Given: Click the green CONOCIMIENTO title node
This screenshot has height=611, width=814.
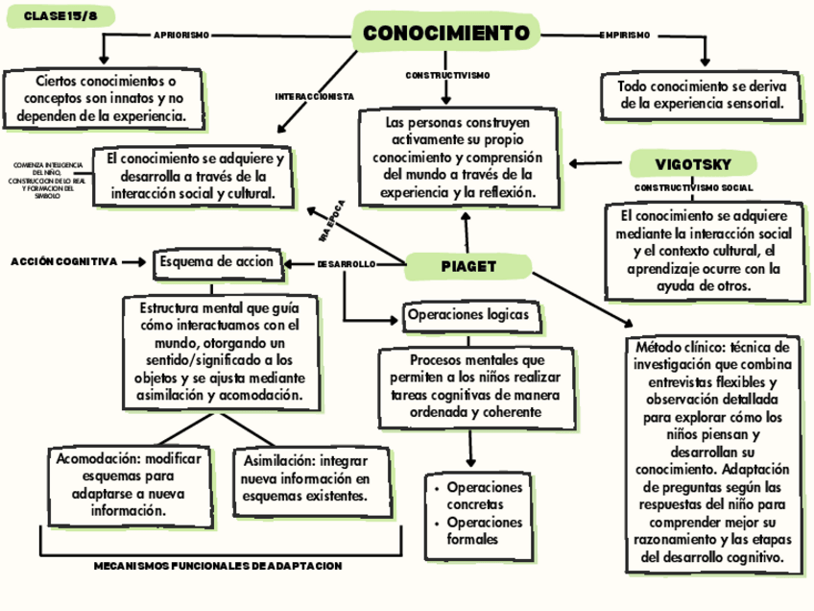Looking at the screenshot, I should [446, 35].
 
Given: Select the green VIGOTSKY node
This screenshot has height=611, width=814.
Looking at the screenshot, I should [693, 162].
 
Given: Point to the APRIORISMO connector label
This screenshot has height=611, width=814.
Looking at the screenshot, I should [181, 36].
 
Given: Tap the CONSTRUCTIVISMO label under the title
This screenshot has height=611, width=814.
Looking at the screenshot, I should [447, 75].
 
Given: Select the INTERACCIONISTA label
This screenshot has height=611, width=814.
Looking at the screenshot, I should [315, 97].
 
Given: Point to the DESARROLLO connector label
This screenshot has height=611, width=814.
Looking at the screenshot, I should [345, 264].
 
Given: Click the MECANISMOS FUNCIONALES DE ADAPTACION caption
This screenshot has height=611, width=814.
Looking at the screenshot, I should [217, 567].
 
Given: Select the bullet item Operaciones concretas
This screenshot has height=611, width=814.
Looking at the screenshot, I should [485, 496].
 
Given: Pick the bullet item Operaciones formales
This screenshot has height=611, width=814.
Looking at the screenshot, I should [485, 530].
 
